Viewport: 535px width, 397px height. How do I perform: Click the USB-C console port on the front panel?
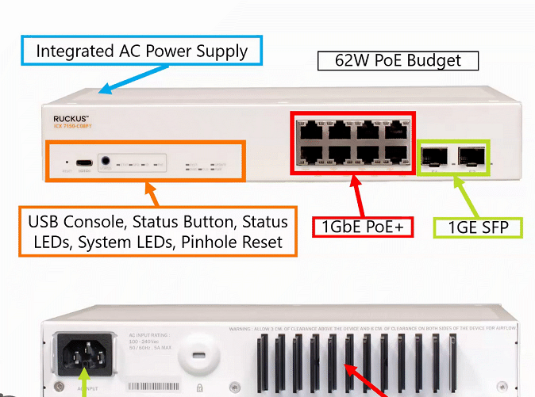tap(84, 162)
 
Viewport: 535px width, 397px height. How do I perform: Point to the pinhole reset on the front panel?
tap(67, 162)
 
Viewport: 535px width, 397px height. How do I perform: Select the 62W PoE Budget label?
tap(399, 61)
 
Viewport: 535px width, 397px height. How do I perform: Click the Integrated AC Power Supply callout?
tap(142, 52)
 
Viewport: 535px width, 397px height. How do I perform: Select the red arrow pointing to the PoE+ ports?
tap(356, 194)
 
